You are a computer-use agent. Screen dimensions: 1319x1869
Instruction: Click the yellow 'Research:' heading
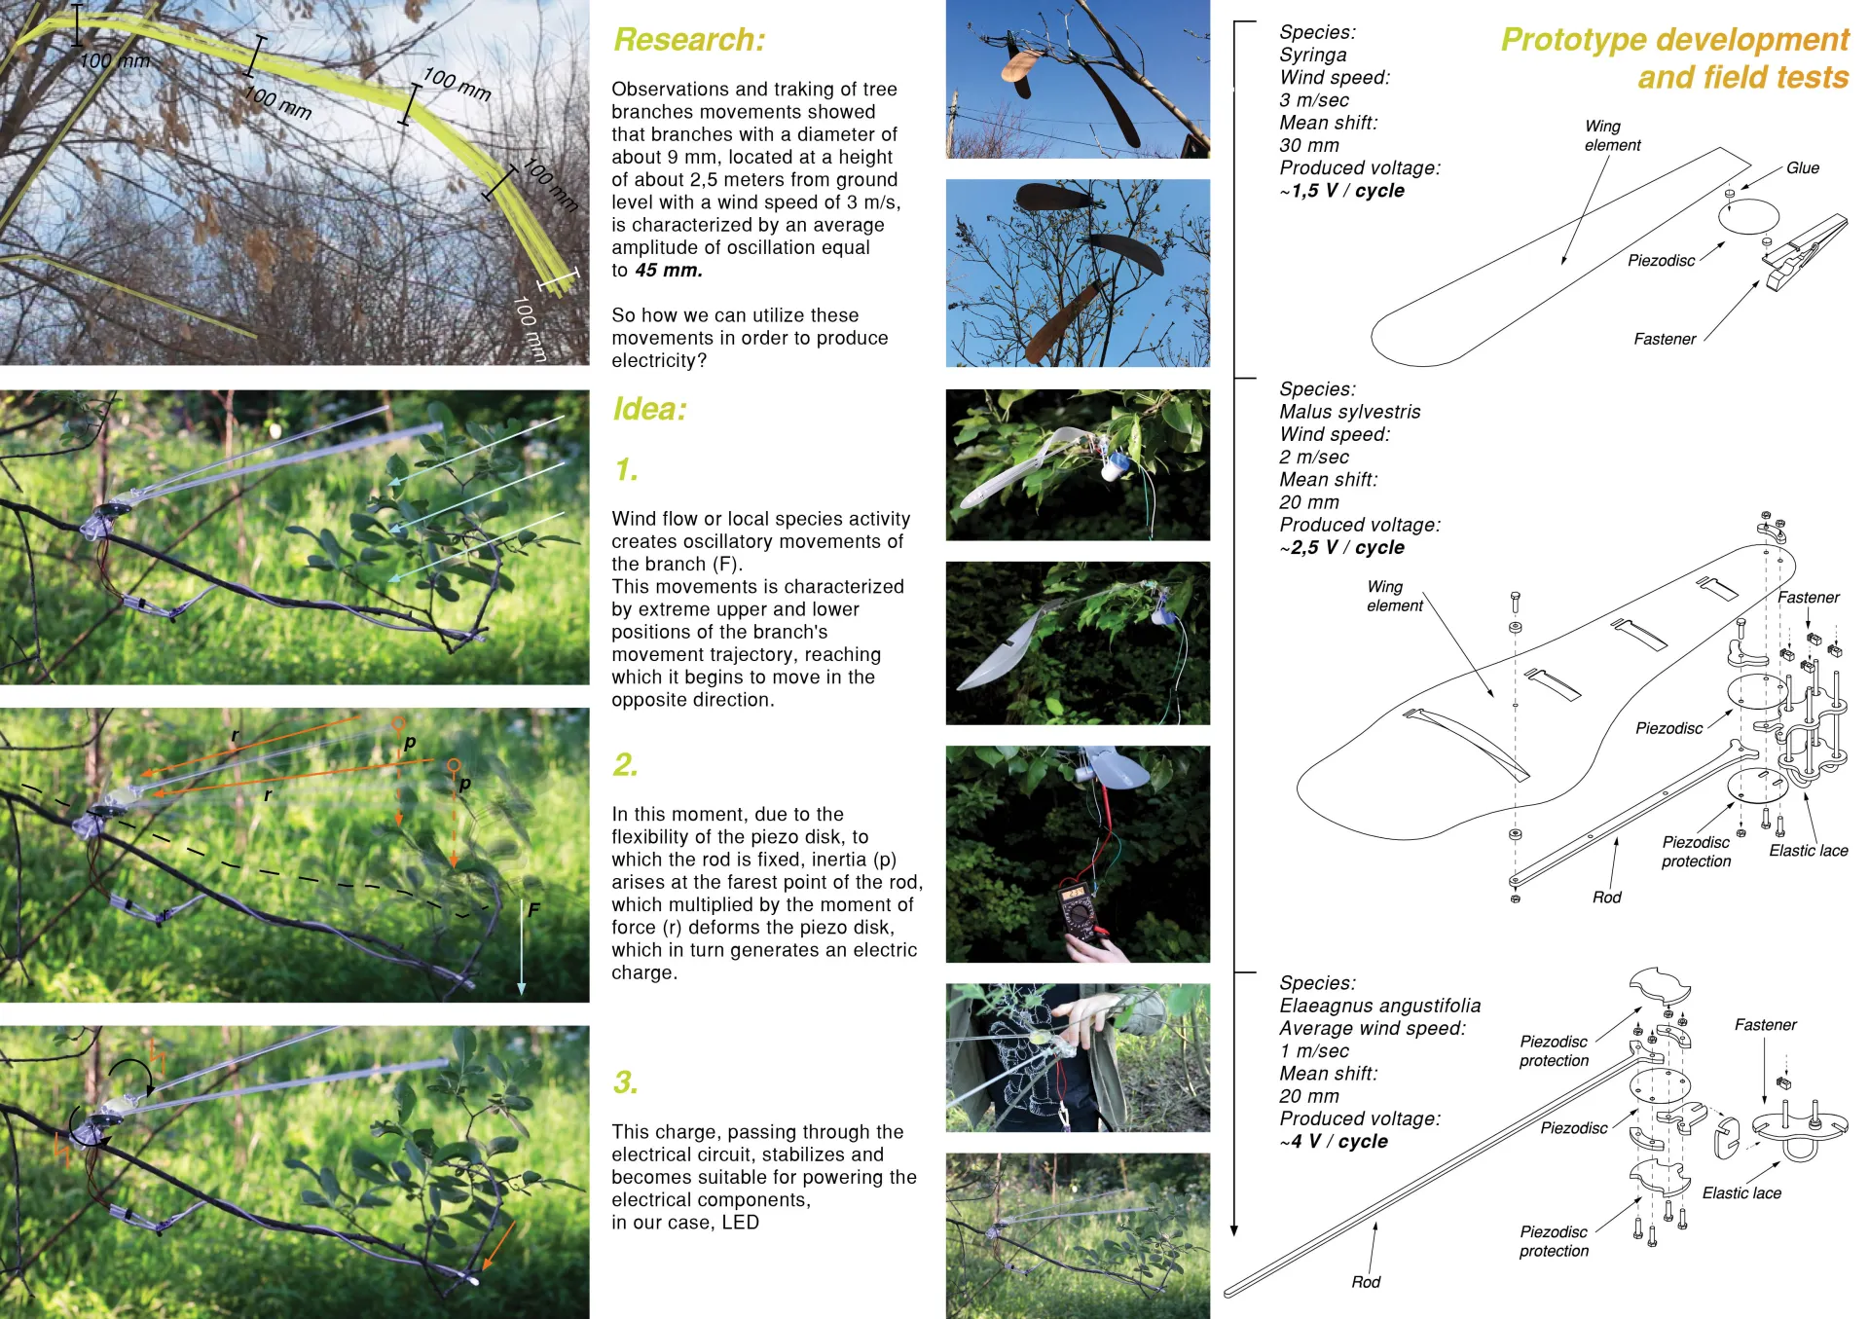(x=689, y=40)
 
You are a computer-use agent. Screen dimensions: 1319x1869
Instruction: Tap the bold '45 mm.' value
(x=668, y=271)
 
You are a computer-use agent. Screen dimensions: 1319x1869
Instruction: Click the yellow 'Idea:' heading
(x=649, y=409)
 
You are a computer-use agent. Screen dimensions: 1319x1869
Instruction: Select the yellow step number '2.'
(x=625, y=765)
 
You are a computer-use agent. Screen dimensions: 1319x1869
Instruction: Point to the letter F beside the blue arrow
(x=533, y=910)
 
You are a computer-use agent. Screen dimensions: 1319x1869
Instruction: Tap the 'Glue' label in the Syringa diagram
(x=1802, y=168)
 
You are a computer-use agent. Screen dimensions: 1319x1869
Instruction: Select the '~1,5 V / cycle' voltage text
(x=1342, y=191)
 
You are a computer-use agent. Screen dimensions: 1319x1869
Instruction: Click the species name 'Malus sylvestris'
(x=1349, y=412)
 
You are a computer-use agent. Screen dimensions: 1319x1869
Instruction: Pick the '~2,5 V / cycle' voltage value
(x=1342, y=548)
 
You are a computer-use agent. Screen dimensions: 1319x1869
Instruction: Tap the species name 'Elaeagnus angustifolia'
(x=1379, y=1006)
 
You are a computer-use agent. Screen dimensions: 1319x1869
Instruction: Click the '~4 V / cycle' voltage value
(x=1335, y=1142)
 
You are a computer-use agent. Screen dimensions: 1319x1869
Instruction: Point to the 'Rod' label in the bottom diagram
(x=1365, y=1282)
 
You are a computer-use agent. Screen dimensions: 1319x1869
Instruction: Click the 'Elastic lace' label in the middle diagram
(x=1808, y=851)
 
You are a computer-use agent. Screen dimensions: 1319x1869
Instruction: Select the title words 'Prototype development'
(x=1673, y=40)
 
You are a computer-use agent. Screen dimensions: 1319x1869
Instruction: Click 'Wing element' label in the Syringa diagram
(x=1611, y=135)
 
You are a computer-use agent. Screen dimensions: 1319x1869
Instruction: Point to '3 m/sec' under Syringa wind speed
(x=1313, y=100)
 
